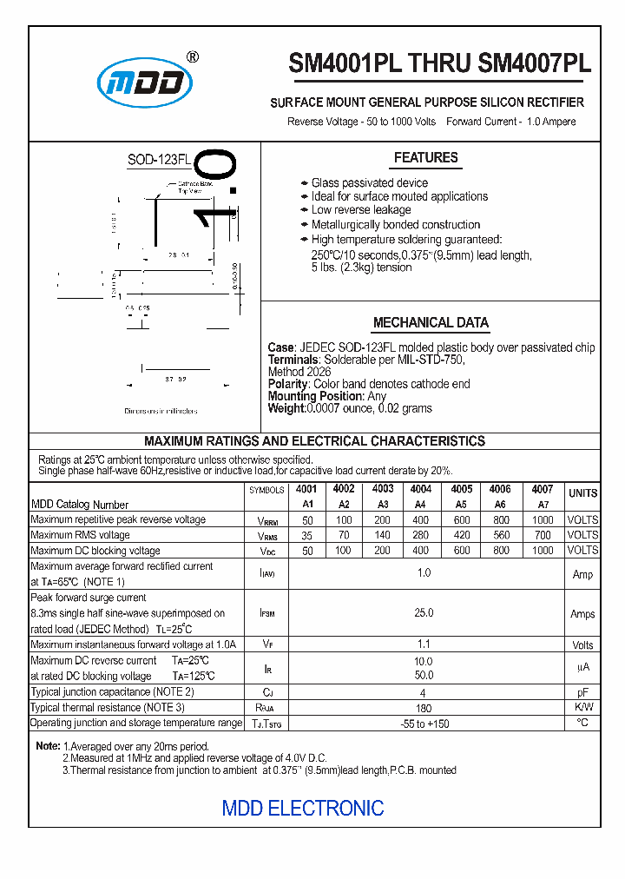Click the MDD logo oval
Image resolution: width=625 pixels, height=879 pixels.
tap(143, 83)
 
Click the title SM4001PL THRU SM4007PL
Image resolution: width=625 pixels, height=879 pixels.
tap(439, 64)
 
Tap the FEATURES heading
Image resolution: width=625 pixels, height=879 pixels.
tap(425, 157)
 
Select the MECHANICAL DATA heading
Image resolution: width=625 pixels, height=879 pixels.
tap(431, 322)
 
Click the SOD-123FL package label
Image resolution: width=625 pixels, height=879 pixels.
tap(159, 160)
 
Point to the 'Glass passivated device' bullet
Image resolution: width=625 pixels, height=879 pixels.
tap(369, 182)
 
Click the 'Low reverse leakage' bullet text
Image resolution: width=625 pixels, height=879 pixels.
tap(361, 210)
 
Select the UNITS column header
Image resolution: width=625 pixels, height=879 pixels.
tap(582, 493)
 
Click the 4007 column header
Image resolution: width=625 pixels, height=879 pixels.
tap(542, 489)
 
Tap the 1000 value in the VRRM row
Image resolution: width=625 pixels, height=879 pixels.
tap(542, 519)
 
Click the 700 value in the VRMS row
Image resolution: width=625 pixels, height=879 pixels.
tap(542, 535)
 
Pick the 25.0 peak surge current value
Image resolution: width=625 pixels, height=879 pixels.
tap(424, 613)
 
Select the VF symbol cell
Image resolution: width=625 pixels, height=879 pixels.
tap(267, 644)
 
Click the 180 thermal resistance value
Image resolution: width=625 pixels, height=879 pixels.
tap(424, 708)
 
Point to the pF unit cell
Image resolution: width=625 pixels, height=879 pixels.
tap(582, 693)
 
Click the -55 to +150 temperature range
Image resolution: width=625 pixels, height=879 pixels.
tap(424, 724)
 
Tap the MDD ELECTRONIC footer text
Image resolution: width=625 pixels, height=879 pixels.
tap(303, 808)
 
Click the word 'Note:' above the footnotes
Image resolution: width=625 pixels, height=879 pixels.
tap(48, 746)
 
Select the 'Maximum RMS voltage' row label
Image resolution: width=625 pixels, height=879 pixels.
tap(80, 535)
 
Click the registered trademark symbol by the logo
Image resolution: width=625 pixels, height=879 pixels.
tap(193, 57)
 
